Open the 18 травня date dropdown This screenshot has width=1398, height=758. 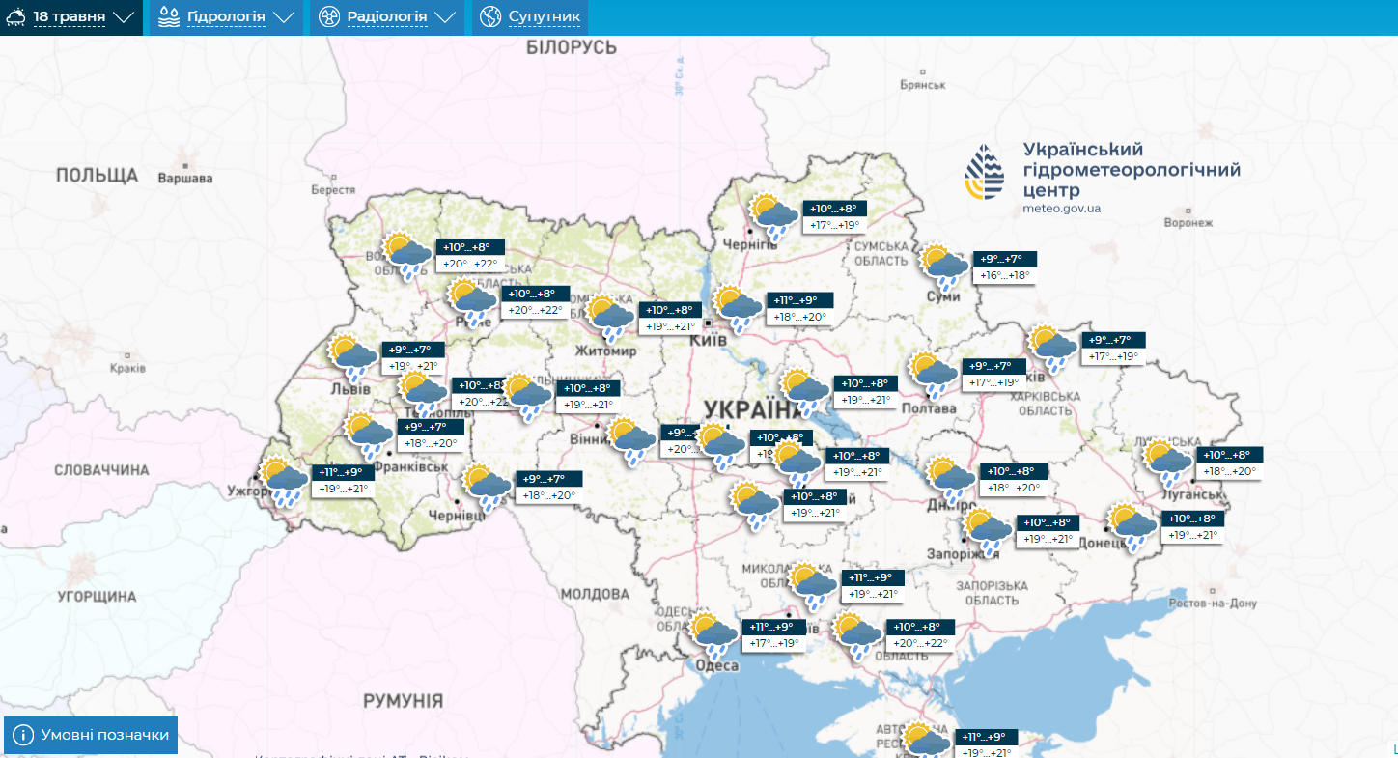[70, 17]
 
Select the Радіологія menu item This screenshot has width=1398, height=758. [387, 17]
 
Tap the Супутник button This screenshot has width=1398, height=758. [530, 17]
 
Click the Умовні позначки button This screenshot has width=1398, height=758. [92, 736]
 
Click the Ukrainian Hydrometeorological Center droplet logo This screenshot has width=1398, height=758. [985, 174]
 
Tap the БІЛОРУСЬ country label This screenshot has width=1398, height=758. [570, 48]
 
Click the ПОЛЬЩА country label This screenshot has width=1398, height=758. [97, 175]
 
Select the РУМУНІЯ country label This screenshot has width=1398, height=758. [404, 701]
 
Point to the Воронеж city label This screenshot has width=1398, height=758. [1188, 222]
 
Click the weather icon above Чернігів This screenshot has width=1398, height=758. [773, 216]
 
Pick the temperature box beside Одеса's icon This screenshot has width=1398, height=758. [774, 635]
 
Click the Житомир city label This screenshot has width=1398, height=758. [606, 351]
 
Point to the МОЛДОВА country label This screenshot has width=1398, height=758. [595, 593]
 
